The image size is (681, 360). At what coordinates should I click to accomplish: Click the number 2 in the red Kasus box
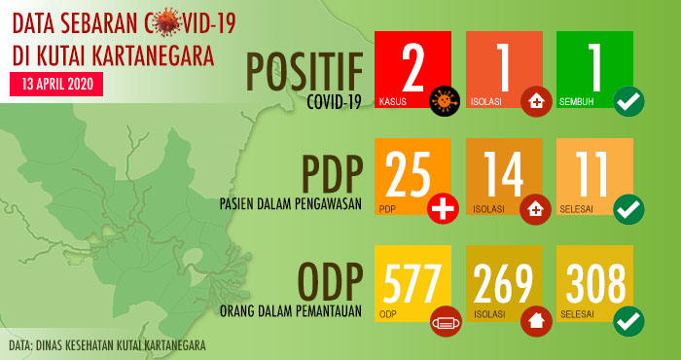pos(413,65)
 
